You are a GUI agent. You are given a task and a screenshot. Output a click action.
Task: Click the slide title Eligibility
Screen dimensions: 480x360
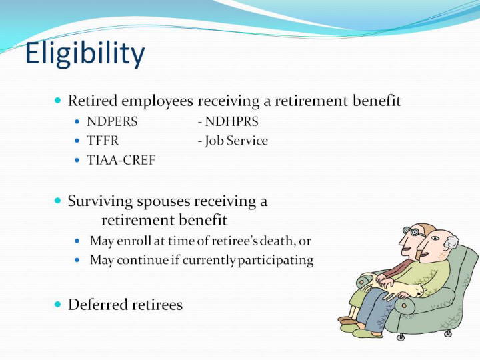tap(85, 54)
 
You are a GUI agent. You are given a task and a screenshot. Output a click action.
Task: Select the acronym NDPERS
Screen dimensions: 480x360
tap(113, 121)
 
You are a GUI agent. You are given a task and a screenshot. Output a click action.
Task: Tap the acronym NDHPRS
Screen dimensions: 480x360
tap(232, 121)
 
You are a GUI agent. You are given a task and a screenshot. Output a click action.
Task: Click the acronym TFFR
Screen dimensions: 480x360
tap(103, 141)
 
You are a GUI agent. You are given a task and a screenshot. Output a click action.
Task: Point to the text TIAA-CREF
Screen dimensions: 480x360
tap(121, 160)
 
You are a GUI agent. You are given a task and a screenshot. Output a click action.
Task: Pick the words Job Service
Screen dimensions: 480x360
tap(236, 141)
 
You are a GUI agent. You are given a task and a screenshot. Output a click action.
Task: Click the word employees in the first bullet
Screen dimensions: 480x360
tap(157, 101)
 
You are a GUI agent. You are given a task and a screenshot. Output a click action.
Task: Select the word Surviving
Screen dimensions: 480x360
tap(101, 202)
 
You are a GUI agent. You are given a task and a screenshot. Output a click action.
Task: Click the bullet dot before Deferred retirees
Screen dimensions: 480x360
tap(58, 304)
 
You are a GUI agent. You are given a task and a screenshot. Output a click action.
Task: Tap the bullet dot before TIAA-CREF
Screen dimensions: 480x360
tap(77, 160)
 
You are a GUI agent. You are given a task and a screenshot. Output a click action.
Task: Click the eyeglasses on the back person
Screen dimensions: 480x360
tap(413, 232)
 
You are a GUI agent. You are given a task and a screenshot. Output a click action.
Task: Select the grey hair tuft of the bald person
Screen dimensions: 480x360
tap(451, 242)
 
